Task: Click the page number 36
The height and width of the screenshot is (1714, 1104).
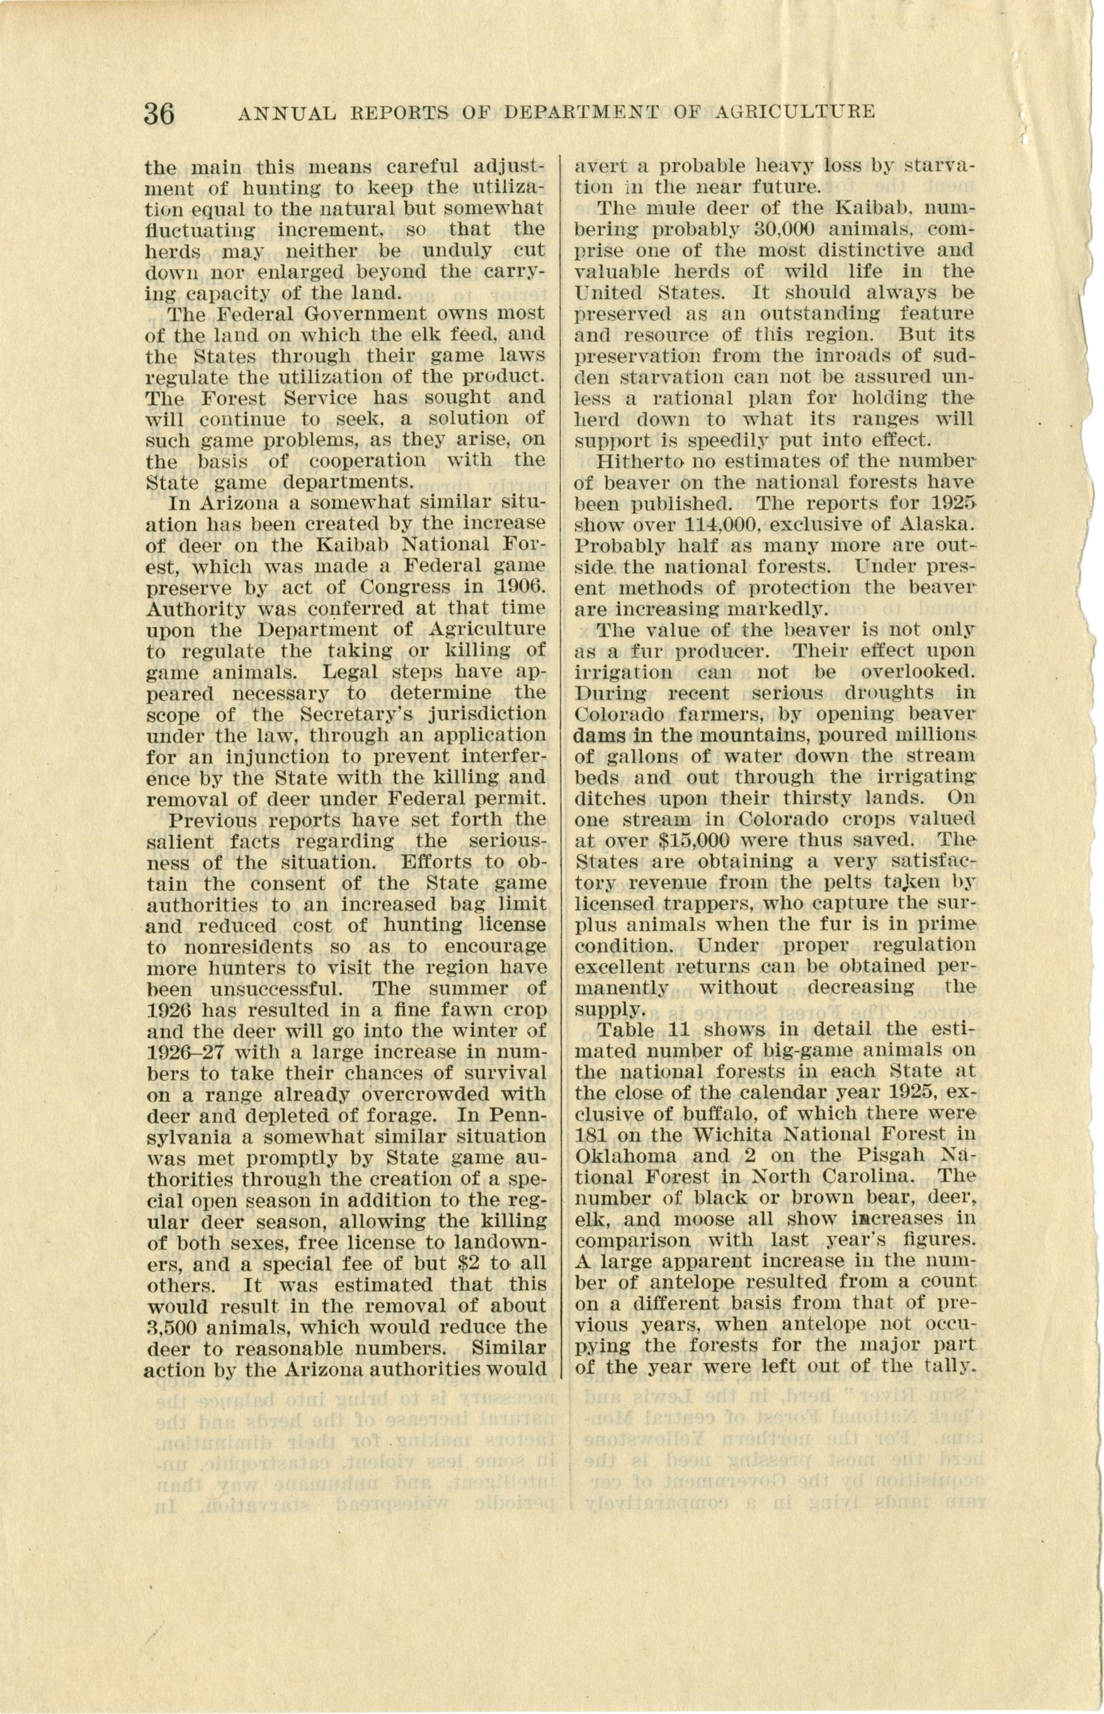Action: [x=159, y=113]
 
